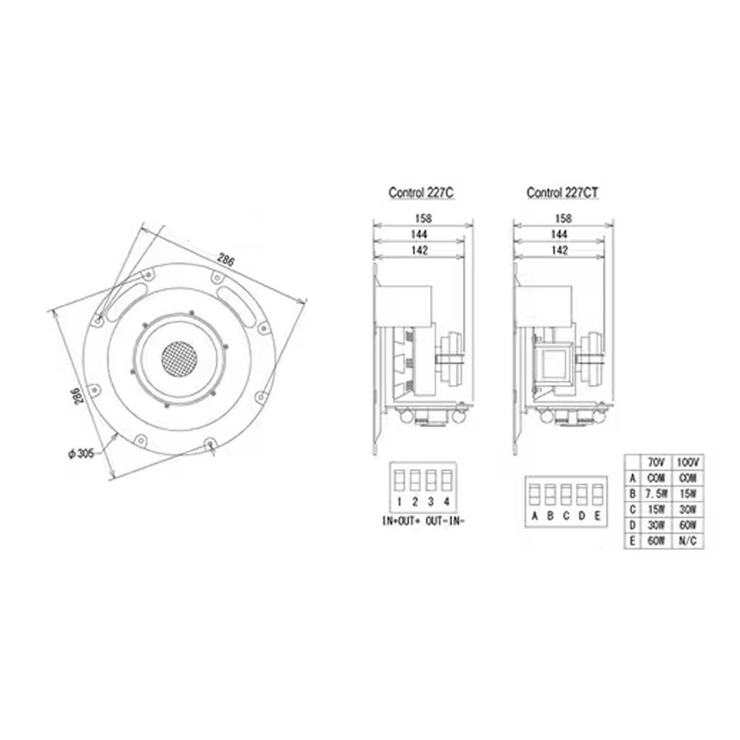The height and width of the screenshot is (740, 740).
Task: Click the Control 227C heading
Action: pyautogui.click(x=420, y=192)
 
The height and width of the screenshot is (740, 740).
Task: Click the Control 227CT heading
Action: pyautogui.click(x=562, y=192)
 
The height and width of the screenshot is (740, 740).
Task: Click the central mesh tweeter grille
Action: pyautogui.click(x=179, y=357)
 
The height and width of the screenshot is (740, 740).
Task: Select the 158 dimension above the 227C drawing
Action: pyautogui.click(x=423, y=218)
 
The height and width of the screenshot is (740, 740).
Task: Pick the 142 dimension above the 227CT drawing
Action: pyautogui.click(x=562, y=251)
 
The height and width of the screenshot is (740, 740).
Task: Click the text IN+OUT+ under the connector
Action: pyautogui.click(x=401, y=521)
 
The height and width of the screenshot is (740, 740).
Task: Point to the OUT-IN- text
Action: pyautogui.click(x=446, y=521)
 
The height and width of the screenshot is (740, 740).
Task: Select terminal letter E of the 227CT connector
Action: pyautogui.click(x=596, y=516)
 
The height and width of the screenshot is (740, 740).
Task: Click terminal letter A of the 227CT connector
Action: pyautogui.click(x=534, y=516)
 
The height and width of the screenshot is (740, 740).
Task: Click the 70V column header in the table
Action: pyautogui.click(x=655, y=461)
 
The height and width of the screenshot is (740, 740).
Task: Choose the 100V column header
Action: pyautogui.click(x=688, y=461)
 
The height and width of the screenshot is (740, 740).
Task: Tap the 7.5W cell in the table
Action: pyautogui.click(x=655, y=493)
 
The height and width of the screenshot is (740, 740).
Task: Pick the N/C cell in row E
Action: pyautogui.click(x=688, y=540)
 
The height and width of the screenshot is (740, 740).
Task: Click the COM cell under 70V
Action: pyautogui.click(x=655, y=477)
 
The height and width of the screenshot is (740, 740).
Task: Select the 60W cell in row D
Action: pyautogui.click(x=688, y=525)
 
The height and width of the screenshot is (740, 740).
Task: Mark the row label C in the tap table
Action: pyautogui.click(x=632, y=509)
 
